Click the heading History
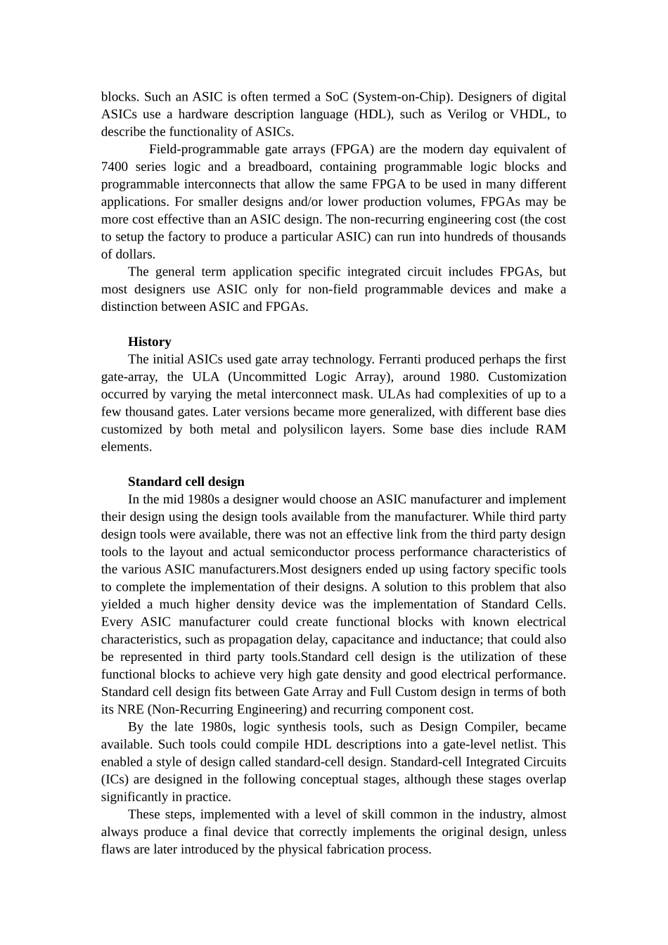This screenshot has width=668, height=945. pyautogui.click(x=149, y=342)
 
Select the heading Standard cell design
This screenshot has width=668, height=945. pyautogui.click(x=186, y=482)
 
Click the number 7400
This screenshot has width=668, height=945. pyautogui.click(x=113, y=167)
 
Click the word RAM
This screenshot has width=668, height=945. pyautogui.click(x=551, y=430)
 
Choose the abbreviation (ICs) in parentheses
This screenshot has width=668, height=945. pyautogui.click(x=117, y=780)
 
